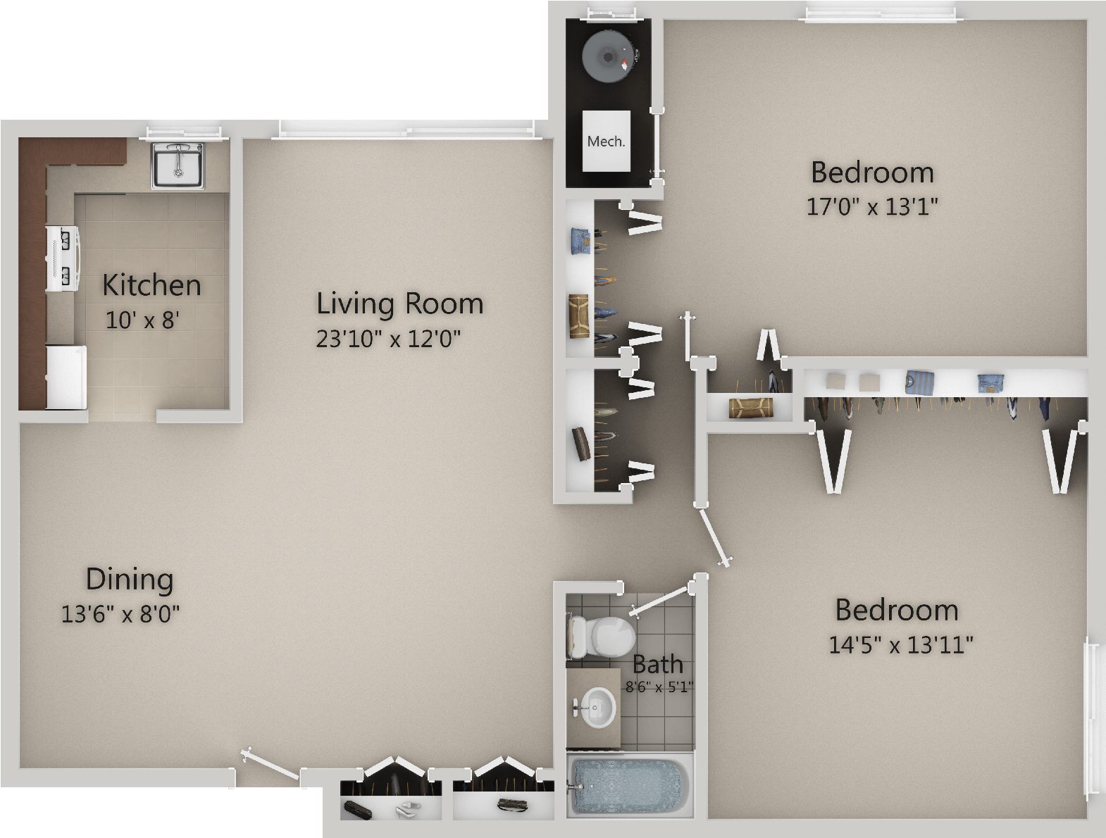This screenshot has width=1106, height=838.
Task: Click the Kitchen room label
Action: [x=151, y=285]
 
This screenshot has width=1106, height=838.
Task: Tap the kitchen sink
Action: [x=178, y=165]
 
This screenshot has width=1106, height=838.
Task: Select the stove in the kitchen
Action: [x=63, y=259]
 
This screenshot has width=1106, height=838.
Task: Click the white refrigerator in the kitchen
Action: [x=66, y=377]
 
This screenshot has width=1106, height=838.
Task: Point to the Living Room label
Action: [x=399, y=304]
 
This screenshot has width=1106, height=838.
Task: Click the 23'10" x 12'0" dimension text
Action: [x=388, y=339]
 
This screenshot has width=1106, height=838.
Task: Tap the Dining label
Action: [x=130, y=579]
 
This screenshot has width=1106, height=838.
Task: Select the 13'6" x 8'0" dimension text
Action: [x=120, y=614]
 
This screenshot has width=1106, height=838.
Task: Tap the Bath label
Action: [x=657, y=665]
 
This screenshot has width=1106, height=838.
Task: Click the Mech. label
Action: [x=606, y=142]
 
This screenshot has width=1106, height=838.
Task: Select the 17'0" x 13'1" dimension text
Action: [x=873, y=206]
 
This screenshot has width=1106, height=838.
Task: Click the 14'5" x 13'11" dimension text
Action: [x=901, y=644]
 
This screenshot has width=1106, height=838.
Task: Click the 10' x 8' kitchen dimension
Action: [x=142, y=320]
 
